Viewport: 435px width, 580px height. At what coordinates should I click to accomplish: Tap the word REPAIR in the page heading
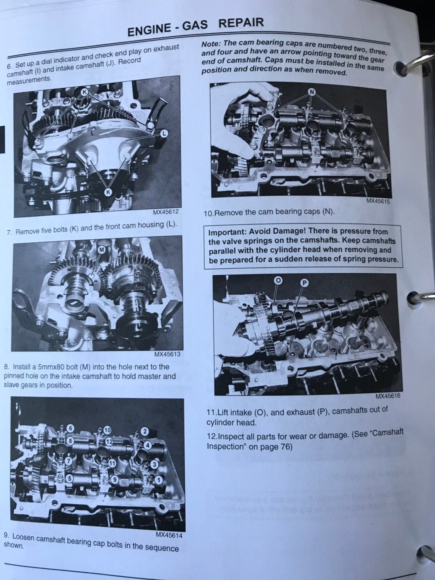(241, 23)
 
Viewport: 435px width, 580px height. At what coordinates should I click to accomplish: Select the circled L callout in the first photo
(164, 133)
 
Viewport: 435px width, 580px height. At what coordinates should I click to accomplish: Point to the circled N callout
(312, 92)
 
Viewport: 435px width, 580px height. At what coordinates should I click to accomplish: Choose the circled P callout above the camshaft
(304, 283)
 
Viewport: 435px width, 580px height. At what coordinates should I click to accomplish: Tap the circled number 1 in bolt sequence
(158, 479)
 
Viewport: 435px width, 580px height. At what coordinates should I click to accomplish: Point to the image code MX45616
(387, 396)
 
